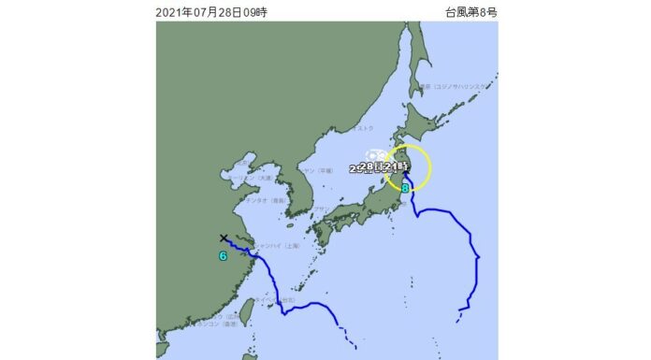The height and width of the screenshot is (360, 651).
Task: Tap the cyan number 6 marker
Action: click(223, 255)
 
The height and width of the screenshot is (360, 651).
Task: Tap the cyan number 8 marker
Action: click(405, 188)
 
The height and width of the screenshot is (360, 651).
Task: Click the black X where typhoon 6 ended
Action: click(224, 238)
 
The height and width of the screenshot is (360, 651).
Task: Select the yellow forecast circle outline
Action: click(430, 170)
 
